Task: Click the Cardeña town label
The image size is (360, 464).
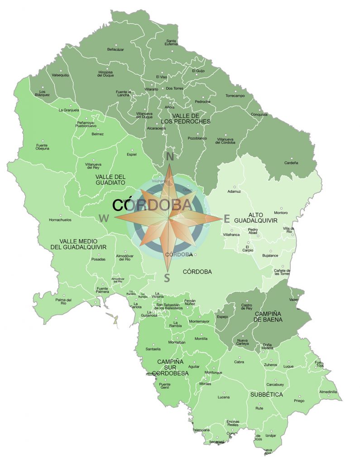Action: click(x=291, y=163)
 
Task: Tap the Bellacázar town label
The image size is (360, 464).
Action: click(x=115, y=49)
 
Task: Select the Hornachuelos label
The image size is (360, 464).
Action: click(x=60, y=220)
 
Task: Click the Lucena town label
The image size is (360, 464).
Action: click(x=224, y=397)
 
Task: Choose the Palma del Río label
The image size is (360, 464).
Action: click(x=64, y=302)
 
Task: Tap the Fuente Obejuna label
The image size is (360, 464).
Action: click(x=43, y=147)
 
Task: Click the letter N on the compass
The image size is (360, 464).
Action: click(x=170, y=157)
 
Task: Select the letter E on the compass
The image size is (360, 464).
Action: click(x=226, y=219)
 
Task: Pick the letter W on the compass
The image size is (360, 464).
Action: click(x=104, y=218)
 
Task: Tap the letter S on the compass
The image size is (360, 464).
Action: click(x=167, y=278)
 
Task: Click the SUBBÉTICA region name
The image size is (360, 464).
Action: click(x=266, y=395)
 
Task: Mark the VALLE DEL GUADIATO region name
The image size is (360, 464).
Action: click(x=110, y=179)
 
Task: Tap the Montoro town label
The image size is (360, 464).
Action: click(x=281, y=213)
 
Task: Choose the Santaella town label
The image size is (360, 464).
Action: click(x=153, y=349)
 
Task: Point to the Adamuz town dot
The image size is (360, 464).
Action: click(x=234, y=187)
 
